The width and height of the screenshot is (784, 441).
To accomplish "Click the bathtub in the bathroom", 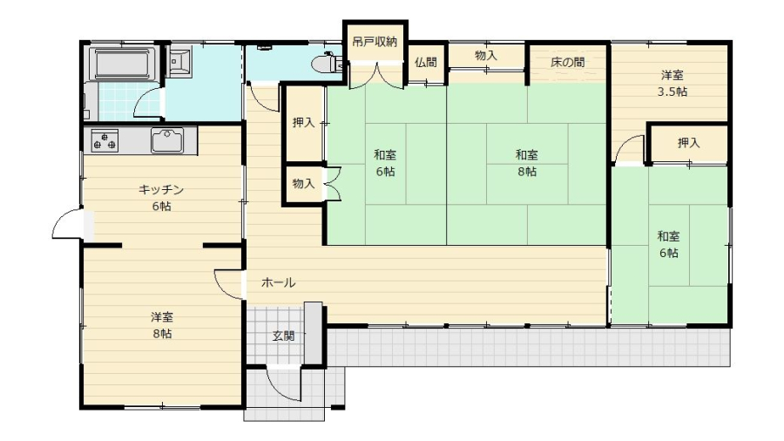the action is pyautogui.click(x=123, y=64).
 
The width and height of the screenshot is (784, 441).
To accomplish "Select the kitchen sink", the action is pyautogui.click(x=167, y=140).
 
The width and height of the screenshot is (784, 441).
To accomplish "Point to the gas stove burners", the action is pyautogui.click(x=105, y=140).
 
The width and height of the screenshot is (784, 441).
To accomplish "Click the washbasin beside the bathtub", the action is pyautogui.click(x=179, y=62).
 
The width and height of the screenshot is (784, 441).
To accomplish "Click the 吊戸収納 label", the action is pyautogui.click(x=375, y=42).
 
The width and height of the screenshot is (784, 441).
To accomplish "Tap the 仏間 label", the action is pyautogui.click(x=425, y=63).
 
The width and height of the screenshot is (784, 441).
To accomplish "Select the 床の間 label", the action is pyautogui.click(x=567, y=63).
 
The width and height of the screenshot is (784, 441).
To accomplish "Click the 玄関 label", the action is pyautogui.click(x=283, y=336).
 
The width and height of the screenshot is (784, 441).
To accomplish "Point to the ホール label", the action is pyautogui.click(x=278, y=282).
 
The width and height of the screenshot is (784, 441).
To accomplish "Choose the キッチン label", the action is pyautogui.click(x=161, y=189).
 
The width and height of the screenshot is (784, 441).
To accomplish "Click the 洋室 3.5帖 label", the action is pyautogui.click(x=672, y=84).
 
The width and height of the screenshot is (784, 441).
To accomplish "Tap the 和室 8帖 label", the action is pyautogui.click(x=527, y=163).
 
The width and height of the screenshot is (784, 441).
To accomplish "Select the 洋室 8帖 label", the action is pyautogui.click(x=162, y=325).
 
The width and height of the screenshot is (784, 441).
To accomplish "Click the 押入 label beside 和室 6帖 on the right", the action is pyautogui.click(x=688, y=143).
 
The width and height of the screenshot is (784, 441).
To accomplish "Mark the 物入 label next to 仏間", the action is pyautogui.click(x=485, y=56).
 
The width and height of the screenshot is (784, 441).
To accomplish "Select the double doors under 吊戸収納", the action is pyautogui.click(x=376, y=75).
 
